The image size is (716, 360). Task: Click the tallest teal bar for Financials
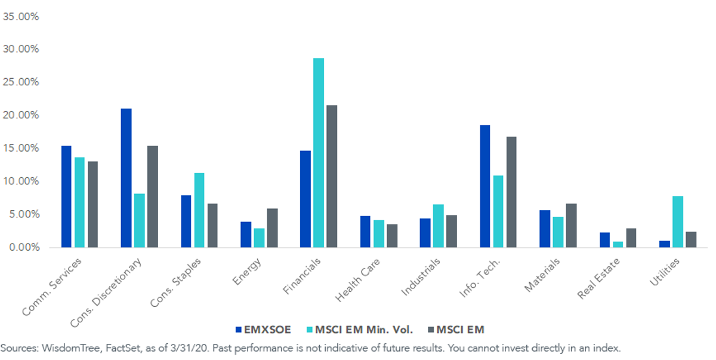(x=319, y=153)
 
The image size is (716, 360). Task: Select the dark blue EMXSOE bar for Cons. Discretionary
(x=126, y=178)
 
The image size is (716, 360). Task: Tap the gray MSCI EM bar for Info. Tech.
(x=511, y=192)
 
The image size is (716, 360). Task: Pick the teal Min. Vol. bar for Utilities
(x=678, y=222)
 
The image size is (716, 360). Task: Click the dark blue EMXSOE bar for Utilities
(x=665, y=244)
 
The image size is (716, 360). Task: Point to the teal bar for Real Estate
(x=618, y=245)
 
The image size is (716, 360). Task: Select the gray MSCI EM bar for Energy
(x=272, y=228)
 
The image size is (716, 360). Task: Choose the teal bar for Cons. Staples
(x=199, y=210)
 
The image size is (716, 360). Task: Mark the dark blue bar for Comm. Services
(x=66, y=196)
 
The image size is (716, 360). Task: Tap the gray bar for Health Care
(x=392, y=236)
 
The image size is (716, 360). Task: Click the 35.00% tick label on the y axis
(x=21, y=17)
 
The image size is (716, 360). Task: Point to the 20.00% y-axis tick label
(x=21, y=115)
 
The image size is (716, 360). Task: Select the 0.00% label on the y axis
(x=24, y=247)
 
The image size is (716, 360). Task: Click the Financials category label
(x=302, y=276)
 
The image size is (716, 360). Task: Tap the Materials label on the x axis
(x=542, y=275)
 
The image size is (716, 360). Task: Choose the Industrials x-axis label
(x=421, y=277)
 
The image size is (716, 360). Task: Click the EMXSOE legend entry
(x=263, y=330)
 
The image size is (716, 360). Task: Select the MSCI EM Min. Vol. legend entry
(x=360, y=330)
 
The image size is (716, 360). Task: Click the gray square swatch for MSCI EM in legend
(x=431, y=330)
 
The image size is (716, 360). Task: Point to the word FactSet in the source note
(x=124, y=348)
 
